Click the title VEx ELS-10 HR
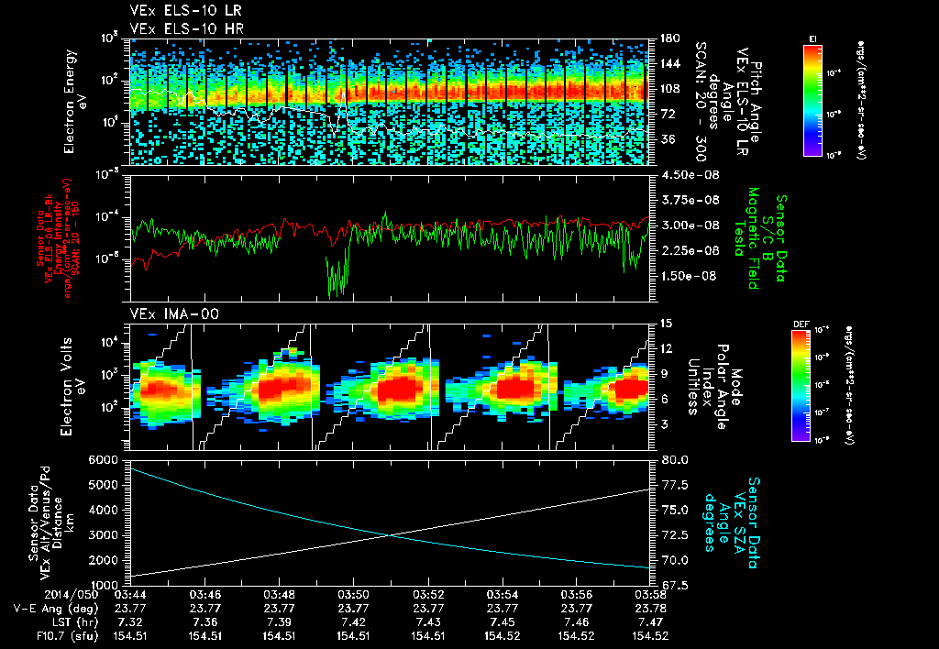[x=176, y=28]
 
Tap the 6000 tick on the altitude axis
[x=104, y=459]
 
